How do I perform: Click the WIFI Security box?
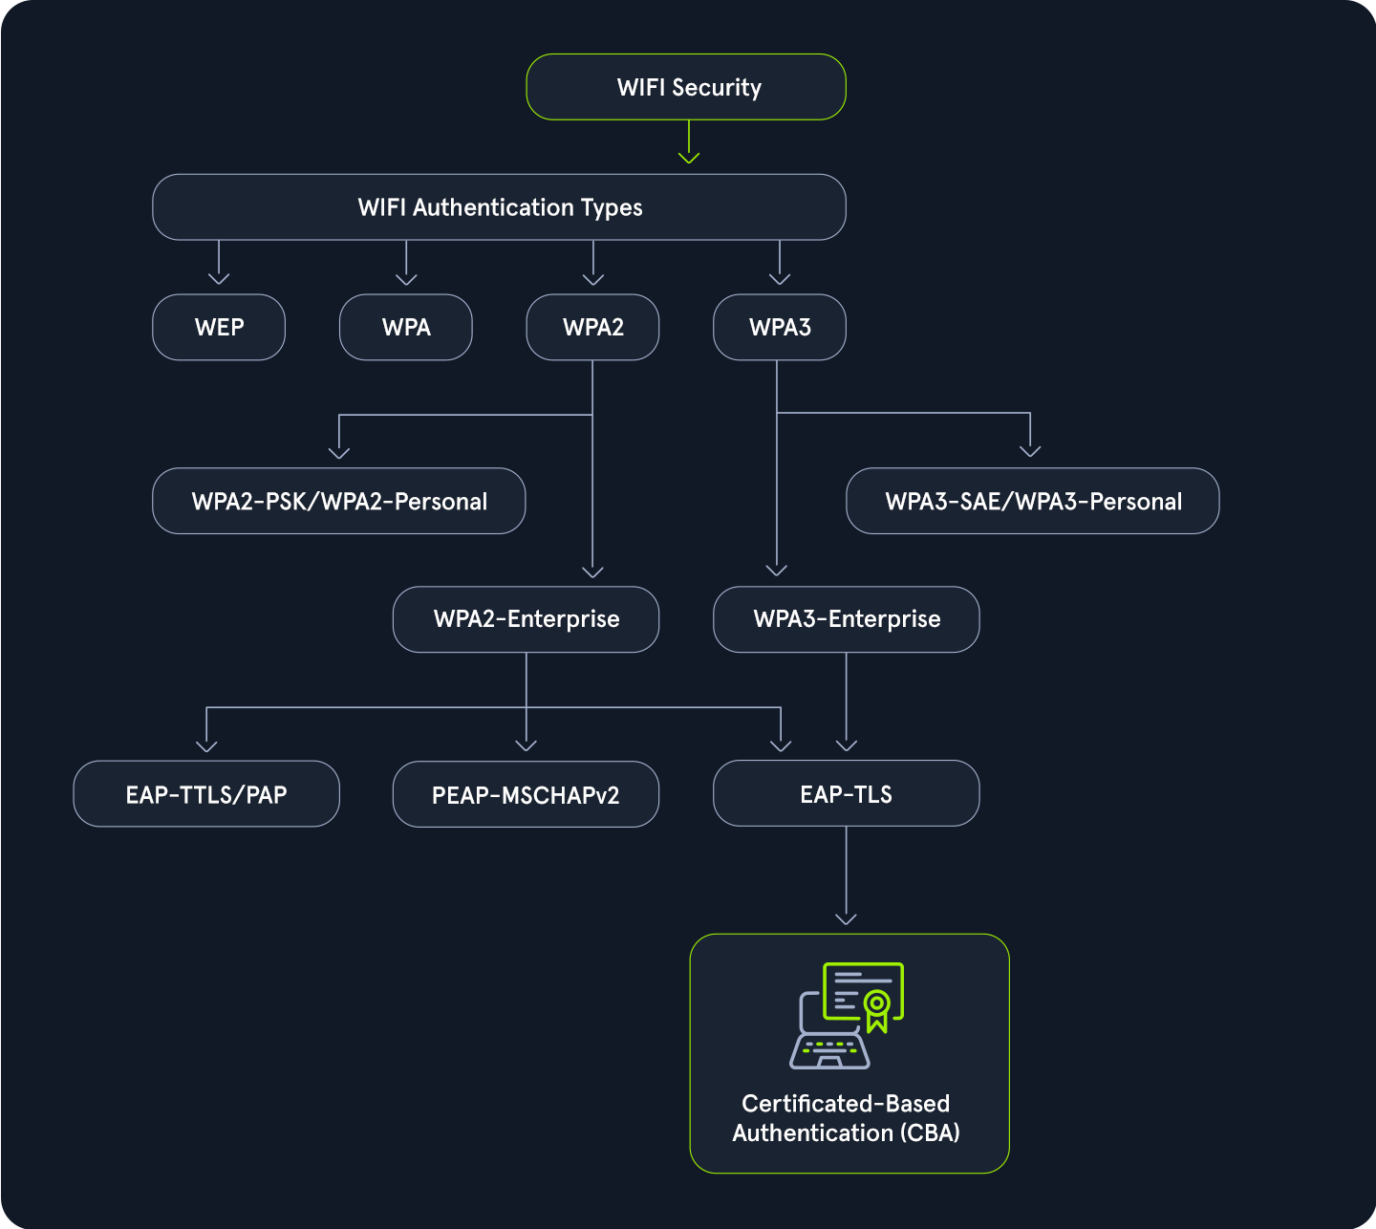(x=686, y=87)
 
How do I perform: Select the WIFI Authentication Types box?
(x=499, y=207)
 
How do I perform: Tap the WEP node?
(x=219, y=327)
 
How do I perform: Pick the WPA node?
(x=406, y=327)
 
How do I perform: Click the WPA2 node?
(x=592, y=327)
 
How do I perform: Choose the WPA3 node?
(x=780, y=327)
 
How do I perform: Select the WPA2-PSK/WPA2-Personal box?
(x=339, y=501)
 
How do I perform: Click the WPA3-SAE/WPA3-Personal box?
(x=1033, y=501)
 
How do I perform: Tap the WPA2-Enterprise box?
(x=526, y=619)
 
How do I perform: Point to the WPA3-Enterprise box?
(x=847, y=619)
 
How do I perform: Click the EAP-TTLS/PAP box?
(x=206, y=794)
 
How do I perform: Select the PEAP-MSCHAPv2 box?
(x=526, y=794)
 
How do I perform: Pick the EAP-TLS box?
(x=847, y=793)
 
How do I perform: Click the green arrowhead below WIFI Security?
(x=689, y=157)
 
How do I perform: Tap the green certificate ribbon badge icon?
(x=876, y=1009)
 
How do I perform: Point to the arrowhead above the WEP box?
(x=219, y=278)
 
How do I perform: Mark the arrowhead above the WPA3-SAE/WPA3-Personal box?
(x=1030, y=450)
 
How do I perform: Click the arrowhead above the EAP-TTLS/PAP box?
(x=206, y=745)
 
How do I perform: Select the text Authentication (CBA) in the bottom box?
(x=846, y=1133)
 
